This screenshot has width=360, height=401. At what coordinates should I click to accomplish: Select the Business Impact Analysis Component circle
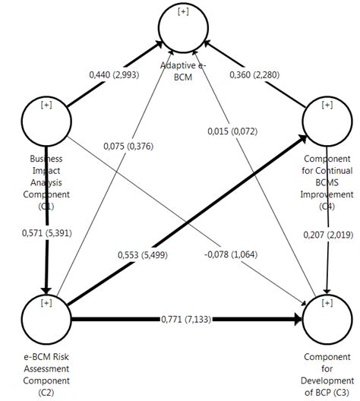(47, 122)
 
